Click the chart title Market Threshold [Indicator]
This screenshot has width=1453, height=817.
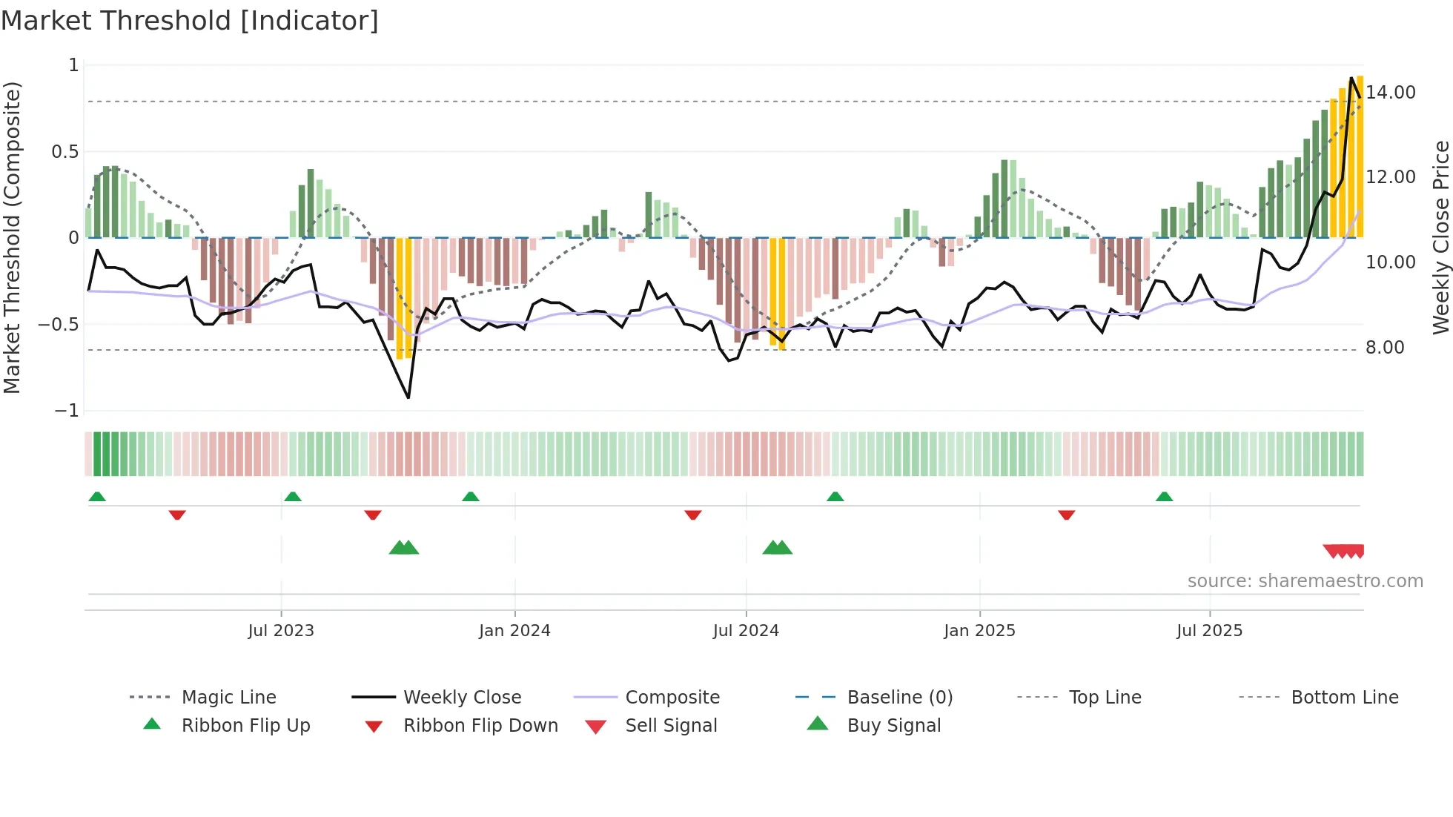click(190, 20)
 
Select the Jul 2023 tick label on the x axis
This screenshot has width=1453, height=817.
click(281, 631)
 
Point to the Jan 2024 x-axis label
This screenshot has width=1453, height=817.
click(514, 631)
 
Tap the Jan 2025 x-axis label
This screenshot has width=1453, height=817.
click(979, 631)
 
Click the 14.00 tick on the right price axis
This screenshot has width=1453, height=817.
click(1391, 93)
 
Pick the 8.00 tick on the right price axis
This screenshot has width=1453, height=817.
click(1385, 348)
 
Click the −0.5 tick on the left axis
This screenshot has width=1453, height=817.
click(59, 325)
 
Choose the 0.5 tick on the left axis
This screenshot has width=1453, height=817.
click(64, 152)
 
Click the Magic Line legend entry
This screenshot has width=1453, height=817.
click(228, 698)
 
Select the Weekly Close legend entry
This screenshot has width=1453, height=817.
click(462, 698)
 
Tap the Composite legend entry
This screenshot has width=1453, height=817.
click(672, 698)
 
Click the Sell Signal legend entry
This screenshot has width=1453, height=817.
click(670, 726)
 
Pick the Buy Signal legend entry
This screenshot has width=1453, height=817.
click(893, 726)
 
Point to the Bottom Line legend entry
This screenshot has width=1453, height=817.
click(1344, 698)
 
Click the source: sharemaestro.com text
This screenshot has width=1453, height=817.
click(1305, 581)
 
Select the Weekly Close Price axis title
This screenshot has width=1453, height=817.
click(1440, 237)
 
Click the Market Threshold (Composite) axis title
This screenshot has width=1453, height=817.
click(12, 237)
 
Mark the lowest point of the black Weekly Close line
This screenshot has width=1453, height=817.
click(408, 398)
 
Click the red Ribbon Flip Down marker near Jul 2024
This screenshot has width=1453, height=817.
click(693, 515)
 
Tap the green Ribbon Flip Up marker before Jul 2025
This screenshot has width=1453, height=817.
click(1164, 496)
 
